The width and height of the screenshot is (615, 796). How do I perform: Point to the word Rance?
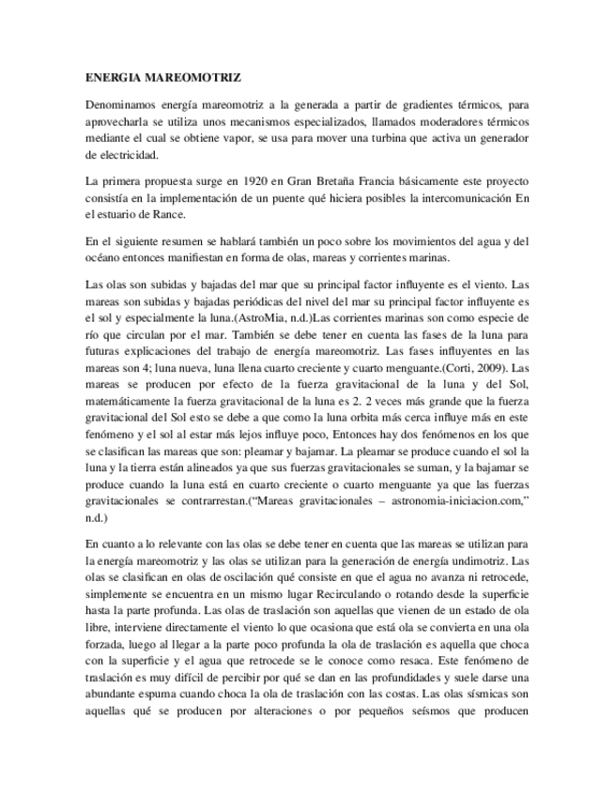point(139,214)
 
